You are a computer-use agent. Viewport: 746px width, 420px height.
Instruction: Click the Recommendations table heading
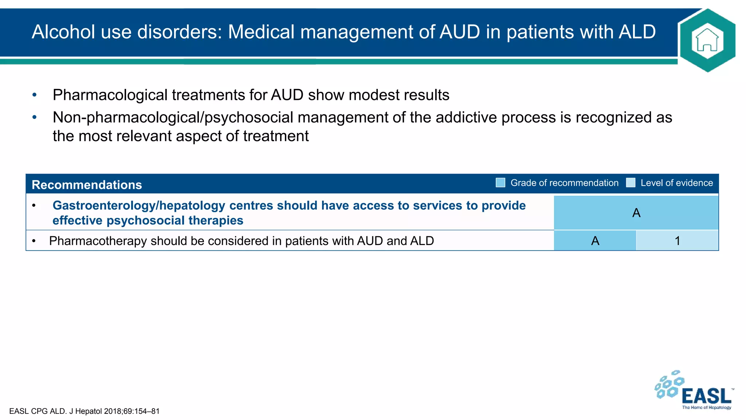87,185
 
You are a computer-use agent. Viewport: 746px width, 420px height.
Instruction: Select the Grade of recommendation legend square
500,183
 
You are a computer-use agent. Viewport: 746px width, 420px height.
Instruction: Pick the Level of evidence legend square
631,183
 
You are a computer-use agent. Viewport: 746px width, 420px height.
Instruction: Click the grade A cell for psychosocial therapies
636,213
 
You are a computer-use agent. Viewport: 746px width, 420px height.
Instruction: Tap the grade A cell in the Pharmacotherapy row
595,241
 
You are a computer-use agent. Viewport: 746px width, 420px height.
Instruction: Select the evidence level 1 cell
677,241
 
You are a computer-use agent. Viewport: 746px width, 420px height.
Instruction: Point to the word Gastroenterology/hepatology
139,206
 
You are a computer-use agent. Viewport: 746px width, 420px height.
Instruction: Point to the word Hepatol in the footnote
89,411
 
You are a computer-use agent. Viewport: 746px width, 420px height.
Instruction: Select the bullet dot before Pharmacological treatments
35,95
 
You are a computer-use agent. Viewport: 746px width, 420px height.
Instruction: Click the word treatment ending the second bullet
276,136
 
